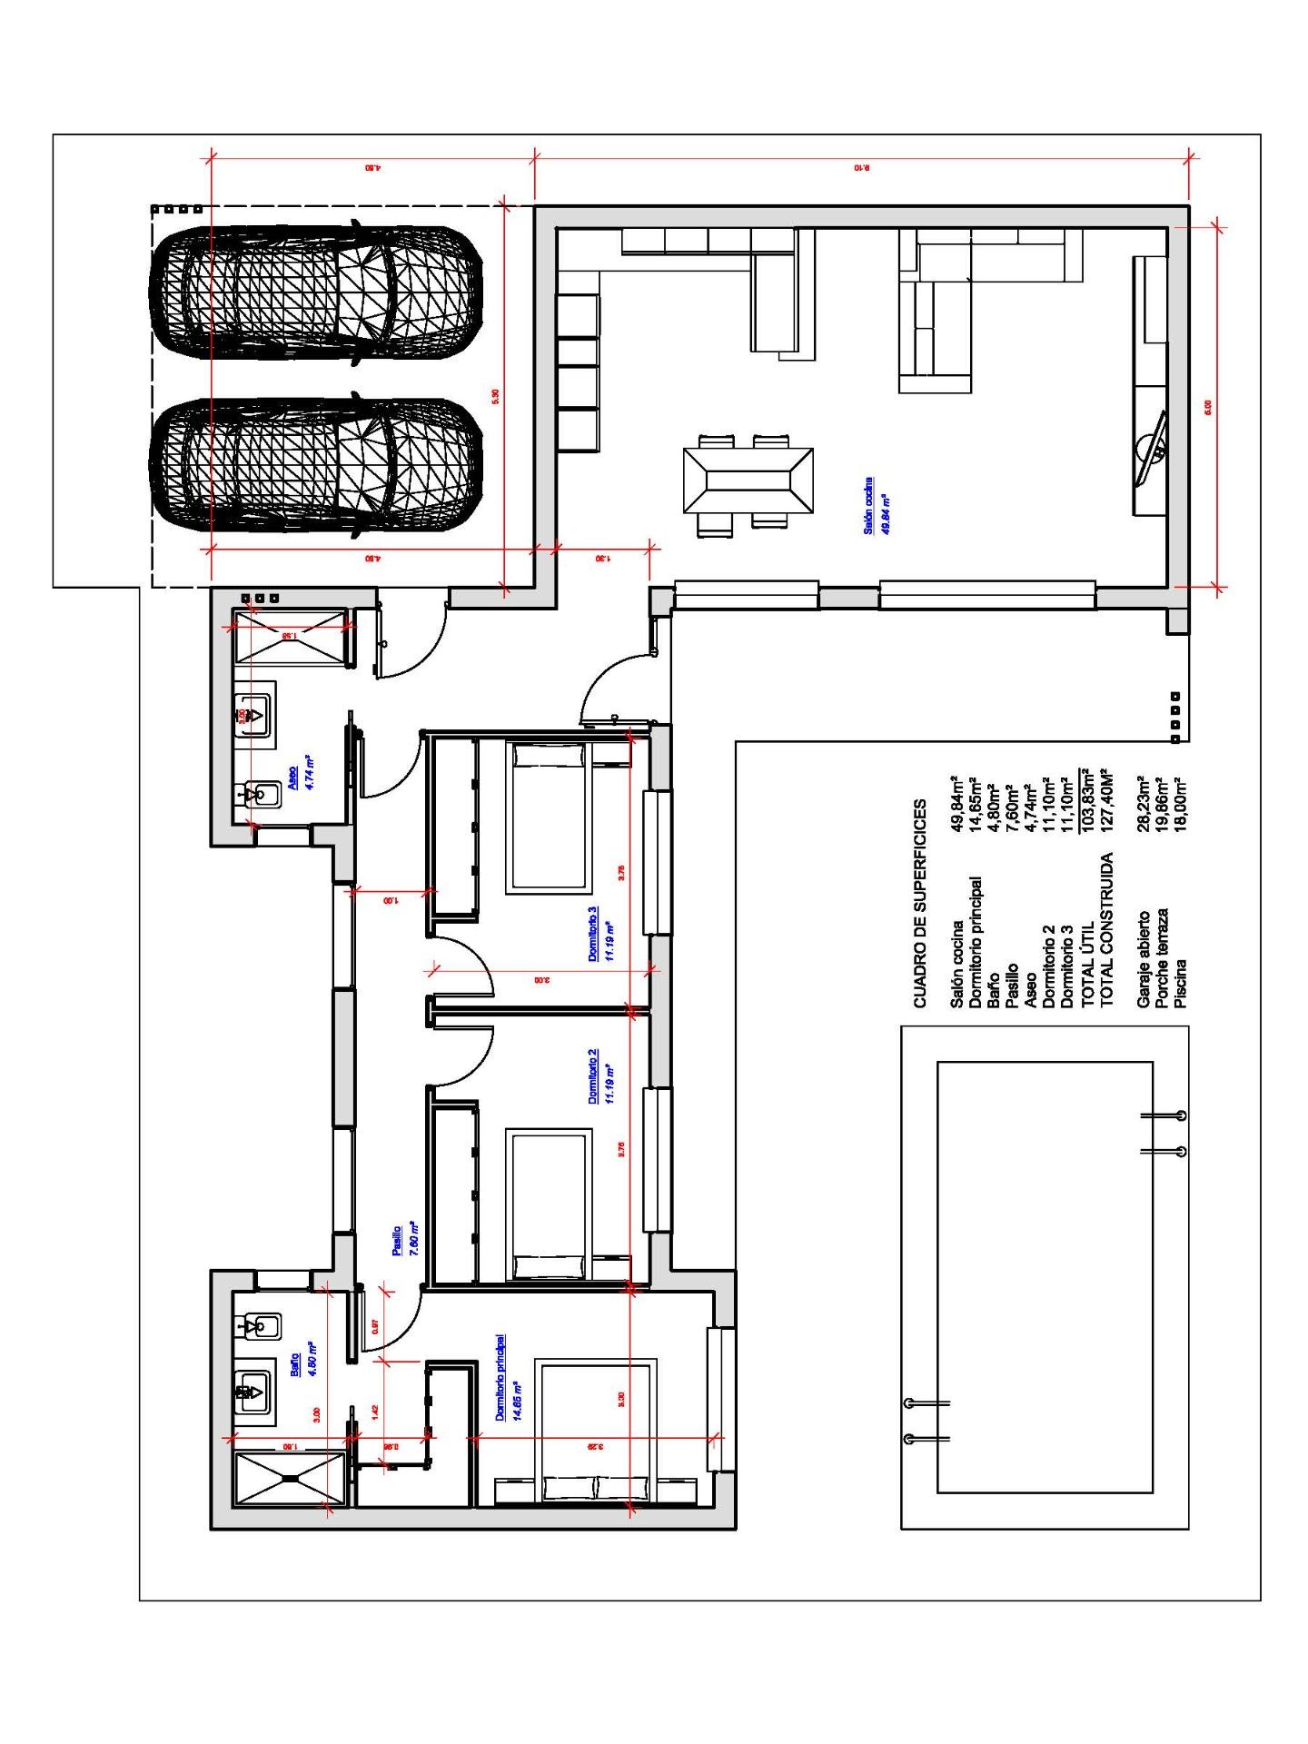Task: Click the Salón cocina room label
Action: [868, 504]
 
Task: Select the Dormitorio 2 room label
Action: [592, 1076]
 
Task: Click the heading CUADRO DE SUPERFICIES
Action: [920, 904]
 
